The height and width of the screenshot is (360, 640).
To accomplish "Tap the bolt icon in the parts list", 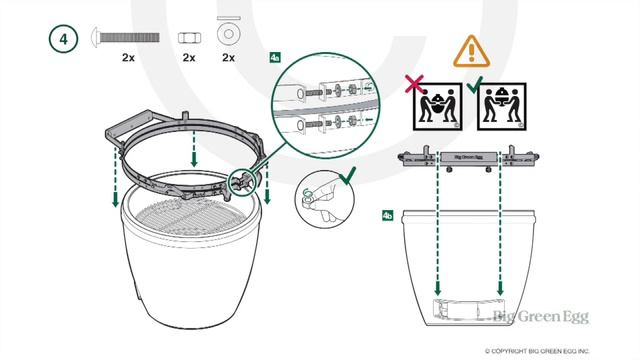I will click(x=128, y=36).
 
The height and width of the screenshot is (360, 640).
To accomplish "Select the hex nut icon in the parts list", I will click(x=187, y=36).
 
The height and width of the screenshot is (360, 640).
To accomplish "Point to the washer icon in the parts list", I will click(x=229, y=36).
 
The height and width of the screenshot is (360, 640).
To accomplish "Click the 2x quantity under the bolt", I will click(x=128, y=59).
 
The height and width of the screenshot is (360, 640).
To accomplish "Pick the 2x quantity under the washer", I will click(x=229, y=59).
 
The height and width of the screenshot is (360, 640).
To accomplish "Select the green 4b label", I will click(x=388, y=215).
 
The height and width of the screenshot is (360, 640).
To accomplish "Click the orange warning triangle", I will click(x=467, y=50).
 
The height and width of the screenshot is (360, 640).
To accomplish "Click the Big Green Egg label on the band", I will click(x=469, y=157).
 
